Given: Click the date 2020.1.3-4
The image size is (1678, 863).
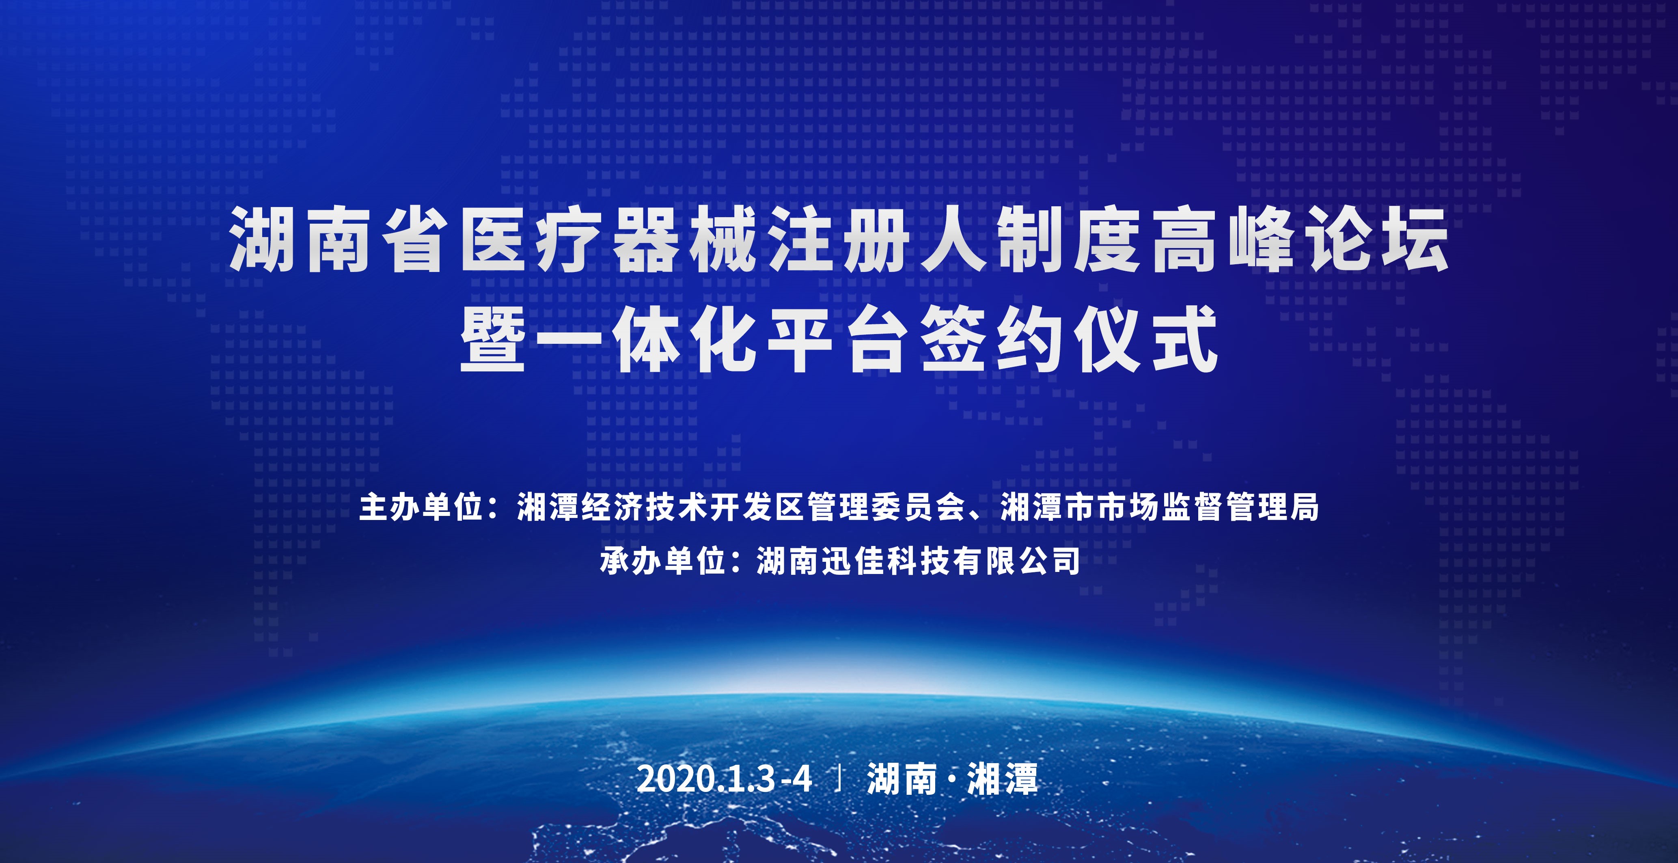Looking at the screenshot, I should pos(725,778).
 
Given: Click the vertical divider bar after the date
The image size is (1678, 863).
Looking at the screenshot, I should pos(840,778).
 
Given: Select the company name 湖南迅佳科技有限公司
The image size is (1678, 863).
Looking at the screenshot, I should pos(919,561).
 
